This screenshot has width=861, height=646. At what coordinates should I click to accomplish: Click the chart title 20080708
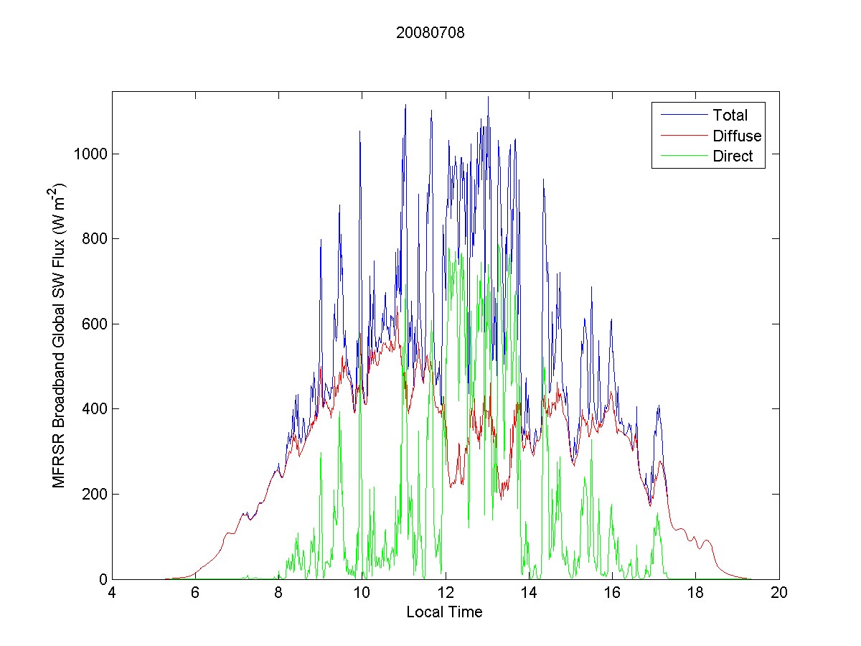pyautogui.click(x=430, y=32)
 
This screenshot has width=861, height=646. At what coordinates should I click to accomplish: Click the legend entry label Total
pyautogui.click(x=730, y=115)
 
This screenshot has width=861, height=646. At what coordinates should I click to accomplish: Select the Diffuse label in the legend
pyautogui.click(x=737, y=136)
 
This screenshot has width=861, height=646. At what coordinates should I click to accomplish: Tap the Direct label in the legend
pyautogui.click(x=733, y=157)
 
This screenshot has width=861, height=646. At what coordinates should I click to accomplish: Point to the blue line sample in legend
pyautogui.click(x=682, y=115)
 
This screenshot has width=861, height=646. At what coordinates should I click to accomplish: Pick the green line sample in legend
pyautogui.click(x=682, y=157)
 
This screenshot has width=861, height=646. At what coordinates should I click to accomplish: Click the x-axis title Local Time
pyautogui.click(x=444, y=612)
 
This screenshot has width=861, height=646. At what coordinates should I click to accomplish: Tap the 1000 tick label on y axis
pyautogui.click(x=92, y=154)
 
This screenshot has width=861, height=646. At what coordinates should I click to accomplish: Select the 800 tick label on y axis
pyautogui.click(x=95, y=239)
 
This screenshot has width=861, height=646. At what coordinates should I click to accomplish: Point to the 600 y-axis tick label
pyautogui.click(x=95, y=324)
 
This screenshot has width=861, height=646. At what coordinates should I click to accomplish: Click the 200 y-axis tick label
pyautogui.click(x=95, y=495)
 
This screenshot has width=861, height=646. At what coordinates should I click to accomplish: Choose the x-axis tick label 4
pyautogui.click(x=113, y=594)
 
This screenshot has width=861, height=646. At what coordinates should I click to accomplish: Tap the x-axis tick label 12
pyautogui.click(x=446, y=594)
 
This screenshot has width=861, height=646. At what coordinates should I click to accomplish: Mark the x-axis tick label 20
pyautogui.click(x=779, y=594)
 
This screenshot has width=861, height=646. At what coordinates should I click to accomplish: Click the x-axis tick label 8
pyautogui.click(x=279, y=594)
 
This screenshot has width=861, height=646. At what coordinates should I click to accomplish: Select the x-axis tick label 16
pyautogui.click(x=612, y=594)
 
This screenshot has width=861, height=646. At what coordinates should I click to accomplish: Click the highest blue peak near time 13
pyautogui.click(x=488, y=98)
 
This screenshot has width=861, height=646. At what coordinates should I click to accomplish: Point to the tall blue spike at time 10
pyautogui.click(x=359, y=132)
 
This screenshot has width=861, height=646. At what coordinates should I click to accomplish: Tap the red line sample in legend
pyautogui.click(x=682, y=136)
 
